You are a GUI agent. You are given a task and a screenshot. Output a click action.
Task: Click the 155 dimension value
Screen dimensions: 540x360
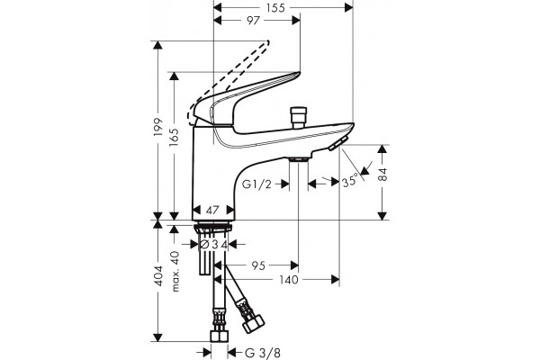tap(276, 7)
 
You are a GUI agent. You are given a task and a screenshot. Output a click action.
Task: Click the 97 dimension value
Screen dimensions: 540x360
tap(253, 21)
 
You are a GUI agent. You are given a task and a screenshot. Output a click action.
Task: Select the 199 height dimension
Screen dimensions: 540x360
tap(158, 127)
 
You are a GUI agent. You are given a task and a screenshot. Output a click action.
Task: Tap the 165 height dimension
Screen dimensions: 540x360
tap(175, 138)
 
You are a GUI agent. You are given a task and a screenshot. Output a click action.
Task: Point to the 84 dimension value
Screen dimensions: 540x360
tap(382, 175)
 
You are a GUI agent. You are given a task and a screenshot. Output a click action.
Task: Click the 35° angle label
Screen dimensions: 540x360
tap(350, 181)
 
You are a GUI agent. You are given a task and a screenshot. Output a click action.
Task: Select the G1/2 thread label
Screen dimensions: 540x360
tap(256, 184)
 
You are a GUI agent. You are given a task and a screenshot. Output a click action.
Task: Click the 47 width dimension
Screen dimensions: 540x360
tap(212, 210)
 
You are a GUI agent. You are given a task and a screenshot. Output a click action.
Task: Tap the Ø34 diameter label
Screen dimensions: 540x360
tap(214, 245)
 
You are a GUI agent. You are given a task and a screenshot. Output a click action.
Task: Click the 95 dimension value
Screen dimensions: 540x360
tap(258, 265)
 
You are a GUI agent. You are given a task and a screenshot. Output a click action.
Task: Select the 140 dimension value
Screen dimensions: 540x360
tap(289, 280)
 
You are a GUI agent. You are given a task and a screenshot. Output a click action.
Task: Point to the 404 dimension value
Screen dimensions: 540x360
tap(158, 275)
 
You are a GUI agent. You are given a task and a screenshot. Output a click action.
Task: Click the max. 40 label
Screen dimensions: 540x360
tap(175, 272)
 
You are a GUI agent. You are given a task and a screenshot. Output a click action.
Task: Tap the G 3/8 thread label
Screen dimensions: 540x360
tap(263, 353)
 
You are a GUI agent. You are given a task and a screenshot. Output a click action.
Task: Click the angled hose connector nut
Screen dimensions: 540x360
tap(254, 325)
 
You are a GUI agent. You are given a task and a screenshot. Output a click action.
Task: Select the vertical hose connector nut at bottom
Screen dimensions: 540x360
tap(220, 336)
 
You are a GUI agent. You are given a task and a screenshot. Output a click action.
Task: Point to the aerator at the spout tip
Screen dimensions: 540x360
tap(337, 143)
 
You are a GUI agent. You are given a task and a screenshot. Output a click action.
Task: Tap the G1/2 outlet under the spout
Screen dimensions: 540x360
tap(298, 159)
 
